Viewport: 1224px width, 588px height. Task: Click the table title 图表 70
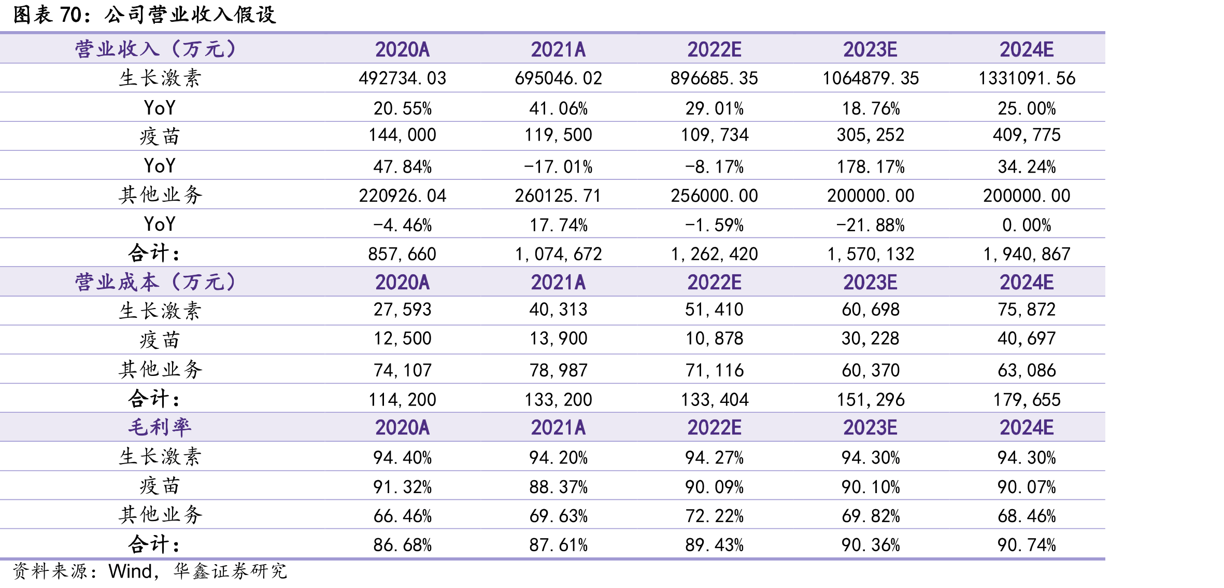coord(47,15)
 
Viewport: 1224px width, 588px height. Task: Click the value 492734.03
coord(402,78)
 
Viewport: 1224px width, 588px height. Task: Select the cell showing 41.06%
coord(558,108)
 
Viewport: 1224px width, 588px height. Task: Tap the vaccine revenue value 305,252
coord(870,135)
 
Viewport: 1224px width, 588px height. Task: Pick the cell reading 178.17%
coord(870,167)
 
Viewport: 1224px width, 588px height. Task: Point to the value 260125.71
coord(558,196)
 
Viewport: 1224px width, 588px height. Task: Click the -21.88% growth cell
coord(870,225)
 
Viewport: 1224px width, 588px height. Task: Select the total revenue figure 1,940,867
coord(1026,254)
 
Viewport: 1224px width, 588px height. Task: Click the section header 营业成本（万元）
coord(155,282)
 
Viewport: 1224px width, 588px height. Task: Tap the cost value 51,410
coord(714,310)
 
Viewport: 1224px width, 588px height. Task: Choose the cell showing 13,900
coord(558,339)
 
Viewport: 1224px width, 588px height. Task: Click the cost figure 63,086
coord(1026,370)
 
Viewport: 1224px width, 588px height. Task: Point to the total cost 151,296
coord(870,400)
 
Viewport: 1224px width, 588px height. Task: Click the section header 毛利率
coord(160,427)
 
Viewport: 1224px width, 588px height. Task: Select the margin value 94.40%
coord(402,458)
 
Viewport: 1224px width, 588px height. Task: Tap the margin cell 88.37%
coord(558,487)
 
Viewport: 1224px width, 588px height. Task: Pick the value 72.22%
coord(714,516)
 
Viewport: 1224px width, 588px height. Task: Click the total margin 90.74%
coord(1026,545)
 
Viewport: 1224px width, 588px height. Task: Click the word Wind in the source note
coord(130,571)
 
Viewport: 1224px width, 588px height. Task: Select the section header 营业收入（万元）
coord(155,49)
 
